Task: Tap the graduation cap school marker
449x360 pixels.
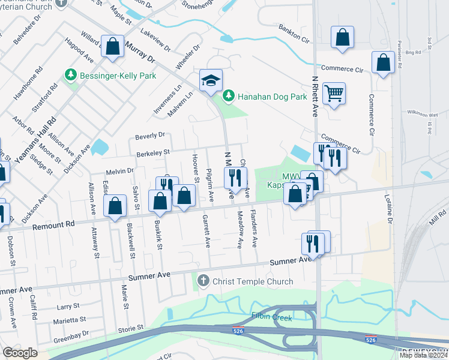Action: [211, 82]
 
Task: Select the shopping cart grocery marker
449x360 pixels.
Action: [334, 94]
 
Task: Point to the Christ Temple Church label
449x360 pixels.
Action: [252, 281]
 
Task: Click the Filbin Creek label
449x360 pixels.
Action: [271, 317]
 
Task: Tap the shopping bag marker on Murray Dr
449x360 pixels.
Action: [112, 46]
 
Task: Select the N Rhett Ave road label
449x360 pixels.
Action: [315, 96]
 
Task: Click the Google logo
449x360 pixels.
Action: [20, 353]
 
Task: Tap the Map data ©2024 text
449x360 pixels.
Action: [423, 355]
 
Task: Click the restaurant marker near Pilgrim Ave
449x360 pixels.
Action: [235, 177]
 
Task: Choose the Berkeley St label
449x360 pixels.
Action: [155, 152]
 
